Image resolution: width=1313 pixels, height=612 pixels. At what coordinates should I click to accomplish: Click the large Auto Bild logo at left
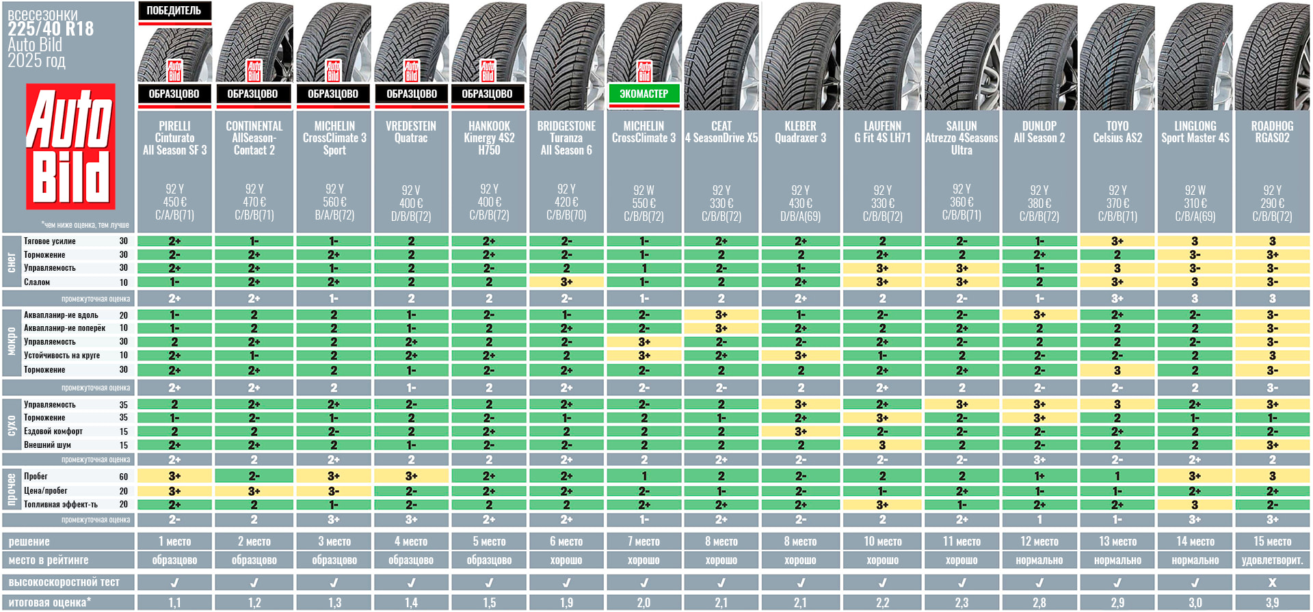click(70, 146)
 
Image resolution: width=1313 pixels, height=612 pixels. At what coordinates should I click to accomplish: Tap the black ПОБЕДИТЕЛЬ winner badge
click(174, 11)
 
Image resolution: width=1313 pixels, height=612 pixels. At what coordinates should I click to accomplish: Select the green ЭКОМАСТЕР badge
click(644, 94)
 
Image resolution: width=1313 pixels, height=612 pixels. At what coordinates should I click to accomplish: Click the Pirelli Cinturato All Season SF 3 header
click(175, 138)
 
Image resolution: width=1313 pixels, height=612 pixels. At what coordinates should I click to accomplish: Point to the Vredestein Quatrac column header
click(411, 132)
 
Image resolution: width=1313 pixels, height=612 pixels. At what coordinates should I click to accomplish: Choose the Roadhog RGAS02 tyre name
click(1272, 132)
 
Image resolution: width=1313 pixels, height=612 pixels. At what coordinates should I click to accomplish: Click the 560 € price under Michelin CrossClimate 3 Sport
click(334, 202)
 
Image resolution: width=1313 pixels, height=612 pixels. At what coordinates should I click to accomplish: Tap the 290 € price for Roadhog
click(1272, 203)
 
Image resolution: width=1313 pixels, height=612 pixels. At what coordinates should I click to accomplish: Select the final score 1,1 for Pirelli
click(175, 602)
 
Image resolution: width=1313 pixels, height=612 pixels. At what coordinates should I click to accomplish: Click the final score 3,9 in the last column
click(1272, 602)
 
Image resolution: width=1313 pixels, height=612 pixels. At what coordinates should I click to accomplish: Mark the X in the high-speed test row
click(1272, 583)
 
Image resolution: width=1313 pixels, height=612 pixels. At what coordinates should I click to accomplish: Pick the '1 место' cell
click(175, 542)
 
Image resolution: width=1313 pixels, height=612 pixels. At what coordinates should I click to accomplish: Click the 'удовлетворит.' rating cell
click(1272, 560)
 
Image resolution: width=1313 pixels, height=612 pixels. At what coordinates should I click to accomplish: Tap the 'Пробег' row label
click(36, 477)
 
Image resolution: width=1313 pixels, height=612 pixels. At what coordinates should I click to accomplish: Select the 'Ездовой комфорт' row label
click(53, 431)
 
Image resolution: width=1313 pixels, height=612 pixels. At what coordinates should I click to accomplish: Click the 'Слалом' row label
click(37, 282)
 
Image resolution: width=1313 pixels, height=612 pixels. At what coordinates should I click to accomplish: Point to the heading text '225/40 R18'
click(51, 29)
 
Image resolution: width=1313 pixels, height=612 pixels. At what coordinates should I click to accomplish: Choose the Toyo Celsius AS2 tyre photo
click(1117, 55)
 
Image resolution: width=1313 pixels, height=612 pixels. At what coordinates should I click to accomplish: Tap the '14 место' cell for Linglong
click(1195, 542)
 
